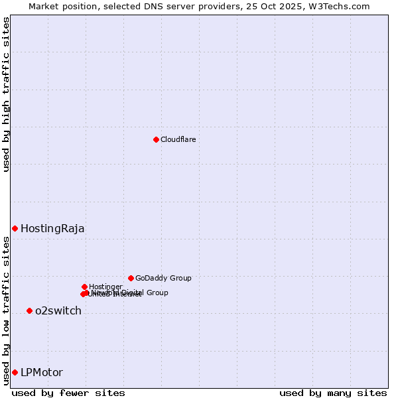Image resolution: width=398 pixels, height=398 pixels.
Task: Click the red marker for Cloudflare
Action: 156,139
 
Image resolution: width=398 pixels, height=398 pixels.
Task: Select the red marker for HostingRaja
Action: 15,228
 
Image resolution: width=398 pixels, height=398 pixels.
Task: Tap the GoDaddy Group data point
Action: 131,278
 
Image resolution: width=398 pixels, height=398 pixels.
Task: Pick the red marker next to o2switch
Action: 29,310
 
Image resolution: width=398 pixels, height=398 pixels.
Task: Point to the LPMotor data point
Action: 15,372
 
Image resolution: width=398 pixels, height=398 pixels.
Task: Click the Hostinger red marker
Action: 84,287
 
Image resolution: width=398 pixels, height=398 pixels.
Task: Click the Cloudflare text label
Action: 178,139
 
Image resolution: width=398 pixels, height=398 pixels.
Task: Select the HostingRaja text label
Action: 52,229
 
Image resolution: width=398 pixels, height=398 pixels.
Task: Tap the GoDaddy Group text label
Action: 163,279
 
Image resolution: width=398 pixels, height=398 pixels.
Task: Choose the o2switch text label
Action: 58,311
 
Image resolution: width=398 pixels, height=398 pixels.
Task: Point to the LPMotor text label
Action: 42,373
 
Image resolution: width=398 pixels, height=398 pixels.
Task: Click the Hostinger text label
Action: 105,287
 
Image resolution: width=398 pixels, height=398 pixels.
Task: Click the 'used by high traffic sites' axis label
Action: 7,94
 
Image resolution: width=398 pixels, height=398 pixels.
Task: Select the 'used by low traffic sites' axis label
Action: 7,310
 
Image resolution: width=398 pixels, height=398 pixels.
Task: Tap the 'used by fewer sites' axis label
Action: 68,393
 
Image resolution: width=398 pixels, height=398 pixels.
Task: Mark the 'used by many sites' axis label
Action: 333,393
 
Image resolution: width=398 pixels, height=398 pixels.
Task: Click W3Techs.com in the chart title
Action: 342,6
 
